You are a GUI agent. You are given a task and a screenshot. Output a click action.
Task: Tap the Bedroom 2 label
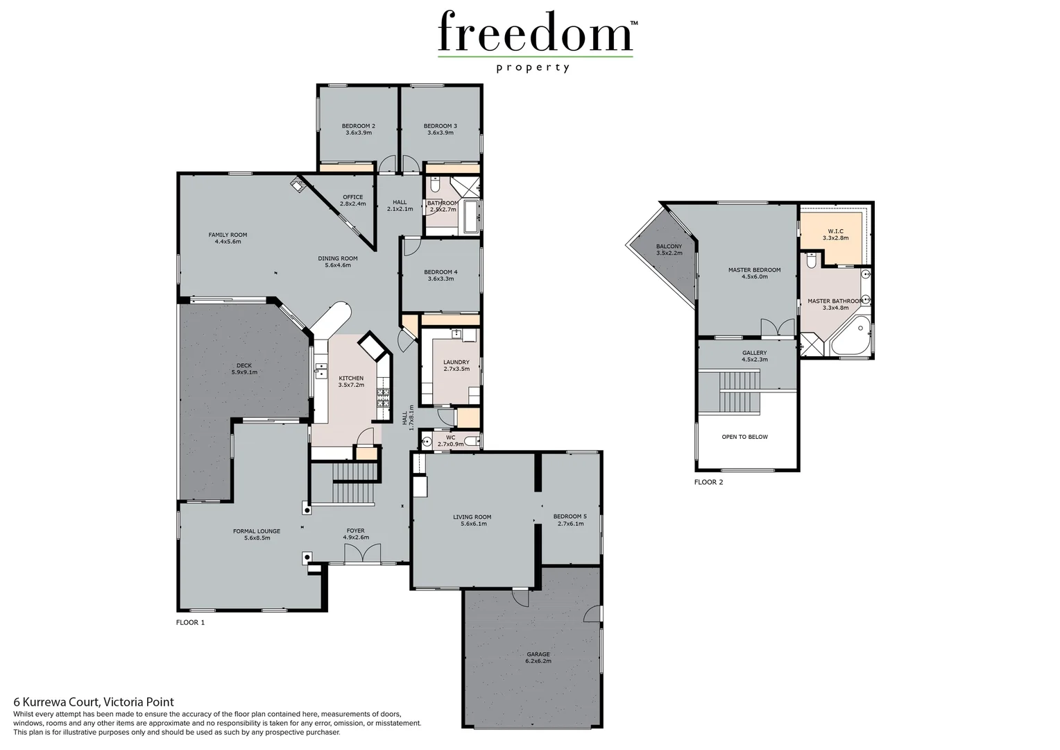tap(359, 126)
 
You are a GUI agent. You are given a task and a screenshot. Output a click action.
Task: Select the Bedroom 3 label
tap(441, 126)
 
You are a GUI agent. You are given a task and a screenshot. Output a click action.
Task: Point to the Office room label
tap(352, 197)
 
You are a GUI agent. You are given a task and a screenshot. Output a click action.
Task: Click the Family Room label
tap(228, 235)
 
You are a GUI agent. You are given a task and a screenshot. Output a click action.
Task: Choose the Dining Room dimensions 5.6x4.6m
tap(338, 265)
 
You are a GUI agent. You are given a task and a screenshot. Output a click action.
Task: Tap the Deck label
tap(243, 365)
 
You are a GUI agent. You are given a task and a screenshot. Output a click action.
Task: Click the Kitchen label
tap(351, 378)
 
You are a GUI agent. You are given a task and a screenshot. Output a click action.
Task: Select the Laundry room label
tap(456, 362)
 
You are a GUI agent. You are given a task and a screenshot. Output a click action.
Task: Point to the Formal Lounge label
tap(257, 531)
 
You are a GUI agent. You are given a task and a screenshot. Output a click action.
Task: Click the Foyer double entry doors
tap(362, 553)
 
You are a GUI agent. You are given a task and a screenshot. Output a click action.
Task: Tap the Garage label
tap(538, 654)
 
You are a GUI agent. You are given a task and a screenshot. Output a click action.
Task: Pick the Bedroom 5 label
tap(570, 517)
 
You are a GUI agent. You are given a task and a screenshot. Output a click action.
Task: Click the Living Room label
tap(472, 517)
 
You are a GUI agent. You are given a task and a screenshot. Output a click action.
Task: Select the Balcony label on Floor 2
tap(669, 247)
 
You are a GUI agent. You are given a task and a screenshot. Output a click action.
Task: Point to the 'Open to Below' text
tap(744, 437)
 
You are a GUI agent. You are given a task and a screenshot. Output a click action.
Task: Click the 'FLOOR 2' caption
tap(708, 482)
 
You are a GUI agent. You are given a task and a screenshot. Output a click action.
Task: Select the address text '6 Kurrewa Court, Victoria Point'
tap(94, 702)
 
